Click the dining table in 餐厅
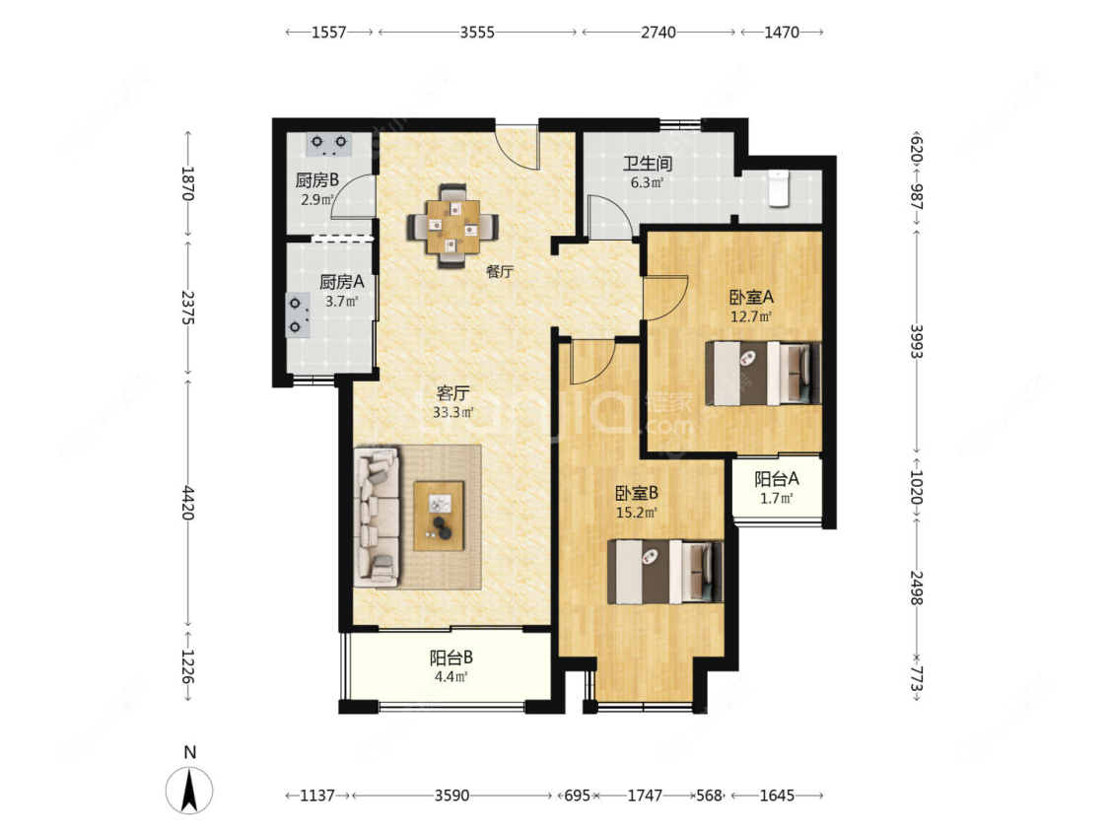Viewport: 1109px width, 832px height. click(452, 227)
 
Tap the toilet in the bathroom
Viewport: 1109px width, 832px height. click(779, 189)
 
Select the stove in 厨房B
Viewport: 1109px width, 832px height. click(329, 144)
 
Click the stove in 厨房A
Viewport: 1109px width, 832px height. click(298, 315)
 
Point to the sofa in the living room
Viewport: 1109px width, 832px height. click(377, 518)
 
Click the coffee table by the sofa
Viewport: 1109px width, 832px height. click(440, 516)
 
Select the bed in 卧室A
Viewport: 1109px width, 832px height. click(763, 374)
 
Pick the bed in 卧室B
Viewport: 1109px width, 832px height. click(665, 572)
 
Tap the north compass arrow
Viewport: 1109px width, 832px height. click(189, 790)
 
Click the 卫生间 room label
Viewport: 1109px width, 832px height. click(647, 164)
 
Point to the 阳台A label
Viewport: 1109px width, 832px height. click(777, 479)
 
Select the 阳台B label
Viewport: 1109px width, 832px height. click(451, 658)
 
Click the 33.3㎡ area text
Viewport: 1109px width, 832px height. click(452, 412)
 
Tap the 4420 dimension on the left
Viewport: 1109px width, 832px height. click(188, 503)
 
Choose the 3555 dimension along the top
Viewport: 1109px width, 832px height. click(477, 32)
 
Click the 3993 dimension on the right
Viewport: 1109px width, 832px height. click(917, 341)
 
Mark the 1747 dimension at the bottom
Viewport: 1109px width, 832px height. click(645, 796)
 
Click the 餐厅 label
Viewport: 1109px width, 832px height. click(500, 271)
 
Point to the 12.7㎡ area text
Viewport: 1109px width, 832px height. click(751, 316)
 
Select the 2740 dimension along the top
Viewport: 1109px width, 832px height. click(658, 32)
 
